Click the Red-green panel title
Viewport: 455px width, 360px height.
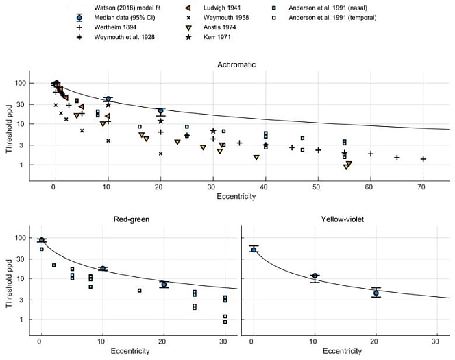[x=132, y=219]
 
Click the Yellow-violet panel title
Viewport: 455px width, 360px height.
[x=345, y=219]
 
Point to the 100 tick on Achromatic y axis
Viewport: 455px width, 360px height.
[x=19, y=83]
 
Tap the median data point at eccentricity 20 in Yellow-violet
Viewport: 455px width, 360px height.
[x=376, y=293]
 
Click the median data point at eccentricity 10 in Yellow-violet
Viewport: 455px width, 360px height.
[x=315, y=276]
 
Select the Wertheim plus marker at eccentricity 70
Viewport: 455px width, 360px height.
[x=423, y=159]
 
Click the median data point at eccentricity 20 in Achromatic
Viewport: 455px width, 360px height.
[x=160, y=111]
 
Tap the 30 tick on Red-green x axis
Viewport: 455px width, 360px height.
[x=225, y=341]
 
